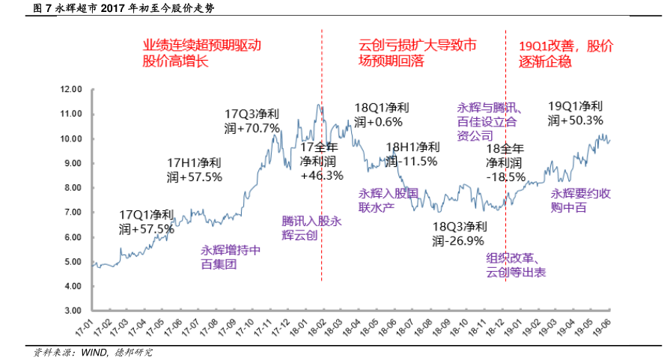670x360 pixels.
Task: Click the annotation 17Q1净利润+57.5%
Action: click(147, 222)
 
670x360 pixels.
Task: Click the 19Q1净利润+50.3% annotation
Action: click(576, 113)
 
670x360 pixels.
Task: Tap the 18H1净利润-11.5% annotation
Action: click(412, 154)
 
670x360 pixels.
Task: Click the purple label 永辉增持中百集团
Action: click(231, 257)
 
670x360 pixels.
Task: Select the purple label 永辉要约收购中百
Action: click(581, 201)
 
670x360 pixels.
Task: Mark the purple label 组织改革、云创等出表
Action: click(517, 266)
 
